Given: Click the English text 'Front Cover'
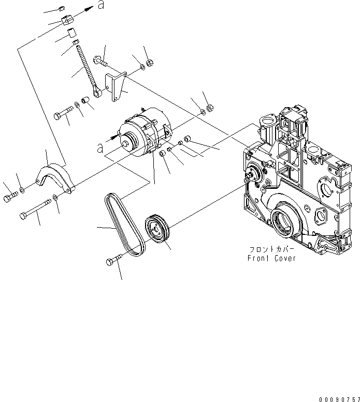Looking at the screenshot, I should point(271,258).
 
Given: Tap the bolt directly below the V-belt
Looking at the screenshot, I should point(114,261).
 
